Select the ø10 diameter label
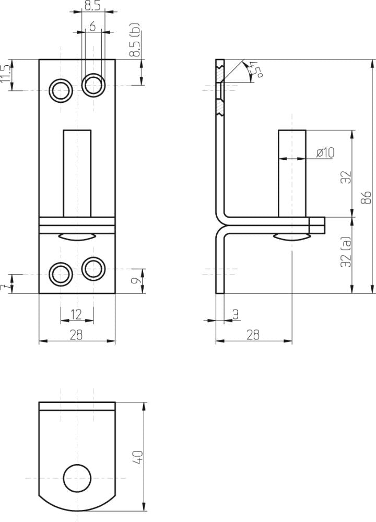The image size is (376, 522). [x=325, y=152]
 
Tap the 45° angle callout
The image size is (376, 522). [x=255, y=69]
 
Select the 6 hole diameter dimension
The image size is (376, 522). [x=92, y=27]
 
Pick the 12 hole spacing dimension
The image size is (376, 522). [x=76, y=314]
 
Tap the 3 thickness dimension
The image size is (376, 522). [x=235, y=314]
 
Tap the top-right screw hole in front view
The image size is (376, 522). [x=93, y=84]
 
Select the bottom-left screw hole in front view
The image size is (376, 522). [x=61, y=274]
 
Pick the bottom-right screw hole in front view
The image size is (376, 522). [x=93, y=268]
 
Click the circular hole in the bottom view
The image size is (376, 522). [x=77, y=478]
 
